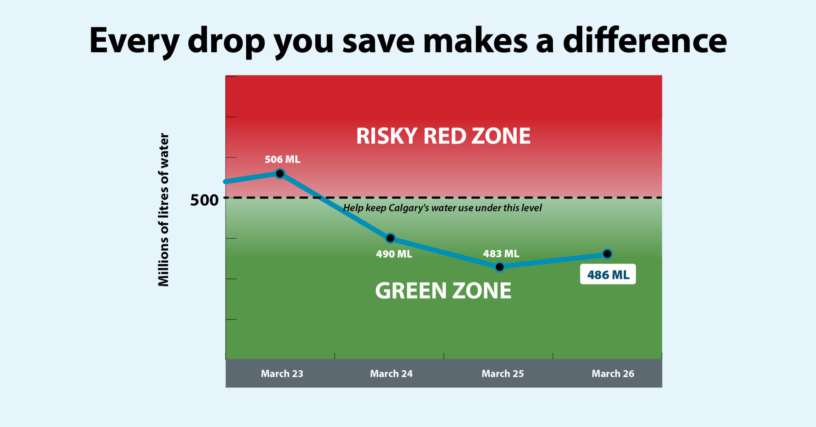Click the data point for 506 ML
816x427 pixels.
[x=280, y=174]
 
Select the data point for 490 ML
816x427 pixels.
[x=391, y=238]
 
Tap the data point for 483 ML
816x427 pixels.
[x=500, y=267]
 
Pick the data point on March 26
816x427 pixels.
[x=607, y=254]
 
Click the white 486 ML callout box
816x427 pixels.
[x=608, y=274]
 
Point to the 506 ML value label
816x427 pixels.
[x=282, y=159]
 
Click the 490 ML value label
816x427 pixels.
[x=394, y=254]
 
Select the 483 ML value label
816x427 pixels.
[x=501, y=254]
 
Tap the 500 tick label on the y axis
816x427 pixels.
[x=204, y=200]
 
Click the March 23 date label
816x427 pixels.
[x=282, y=374]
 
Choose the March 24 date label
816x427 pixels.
[x=391, y=374]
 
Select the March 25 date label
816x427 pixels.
[x=502, y=374]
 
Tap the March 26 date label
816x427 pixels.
[x=612, y=374]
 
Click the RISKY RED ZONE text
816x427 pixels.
[x=443, y=137]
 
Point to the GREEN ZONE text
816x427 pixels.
[x=443, y=291]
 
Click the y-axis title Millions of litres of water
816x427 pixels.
[x=164, y=210]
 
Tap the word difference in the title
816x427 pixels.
[x=645, y=41]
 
